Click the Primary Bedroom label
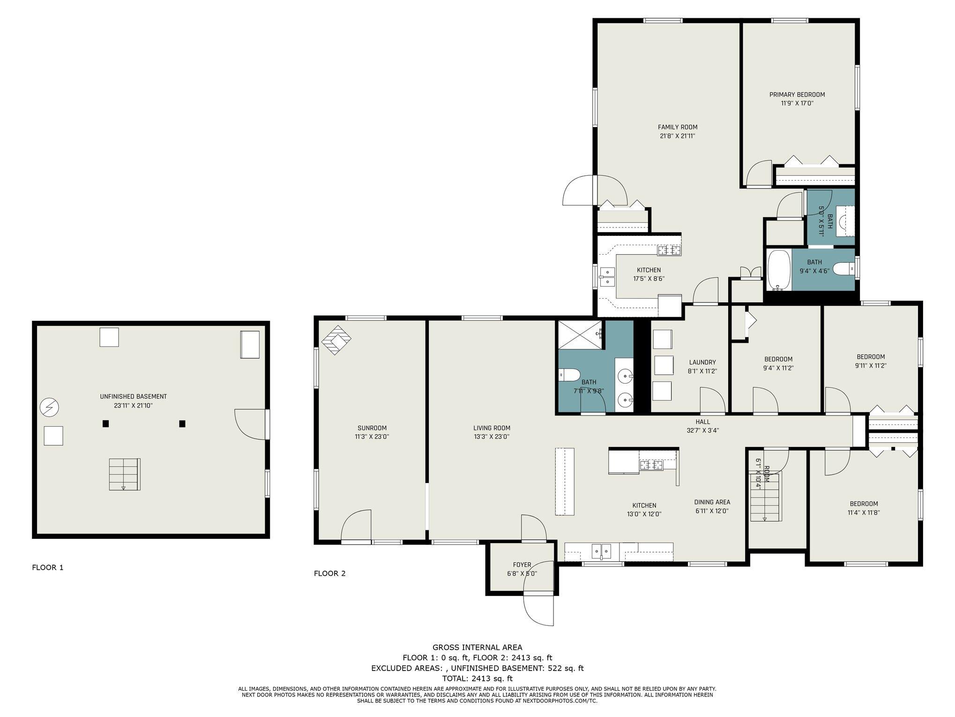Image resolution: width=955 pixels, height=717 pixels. (x=797, y=95)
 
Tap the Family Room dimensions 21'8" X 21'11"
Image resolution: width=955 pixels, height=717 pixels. (x=678, y=136)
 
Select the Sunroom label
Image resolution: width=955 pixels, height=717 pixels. (x=372, y=428)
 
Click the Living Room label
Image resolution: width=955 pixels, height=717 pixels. (x=492, y=428)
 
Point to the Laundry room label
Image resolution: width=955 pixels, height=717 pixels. (x=702, y=362)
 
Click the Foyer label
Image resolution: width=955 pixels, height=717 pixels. (x=522, y=565)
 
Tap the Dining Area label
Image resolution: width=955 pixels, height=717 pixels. (x=712, y=502)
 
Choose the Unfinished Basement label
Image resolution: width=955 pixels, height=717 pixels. (x=134, y=397)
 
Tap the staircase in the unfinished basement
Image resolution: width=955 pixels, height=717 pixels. (x=125, y=475)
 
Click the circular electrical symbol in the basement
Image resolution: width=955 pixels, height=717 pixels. (x=49, y=408)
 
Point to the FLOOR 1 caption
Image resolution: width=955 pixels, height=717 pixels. (x=47, y=568)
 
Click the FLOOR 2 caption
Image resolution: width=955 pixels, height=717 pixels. (x=329, y=574)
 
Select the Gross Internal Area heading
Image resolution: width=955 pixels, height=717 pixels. (x=477, y=648)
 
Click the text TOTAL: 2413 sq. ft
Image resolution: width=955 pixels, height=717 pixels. (x=477, y=679)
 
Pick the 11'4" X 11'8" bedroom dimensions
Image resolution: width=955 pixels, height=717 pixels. (x=860, y=513)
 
